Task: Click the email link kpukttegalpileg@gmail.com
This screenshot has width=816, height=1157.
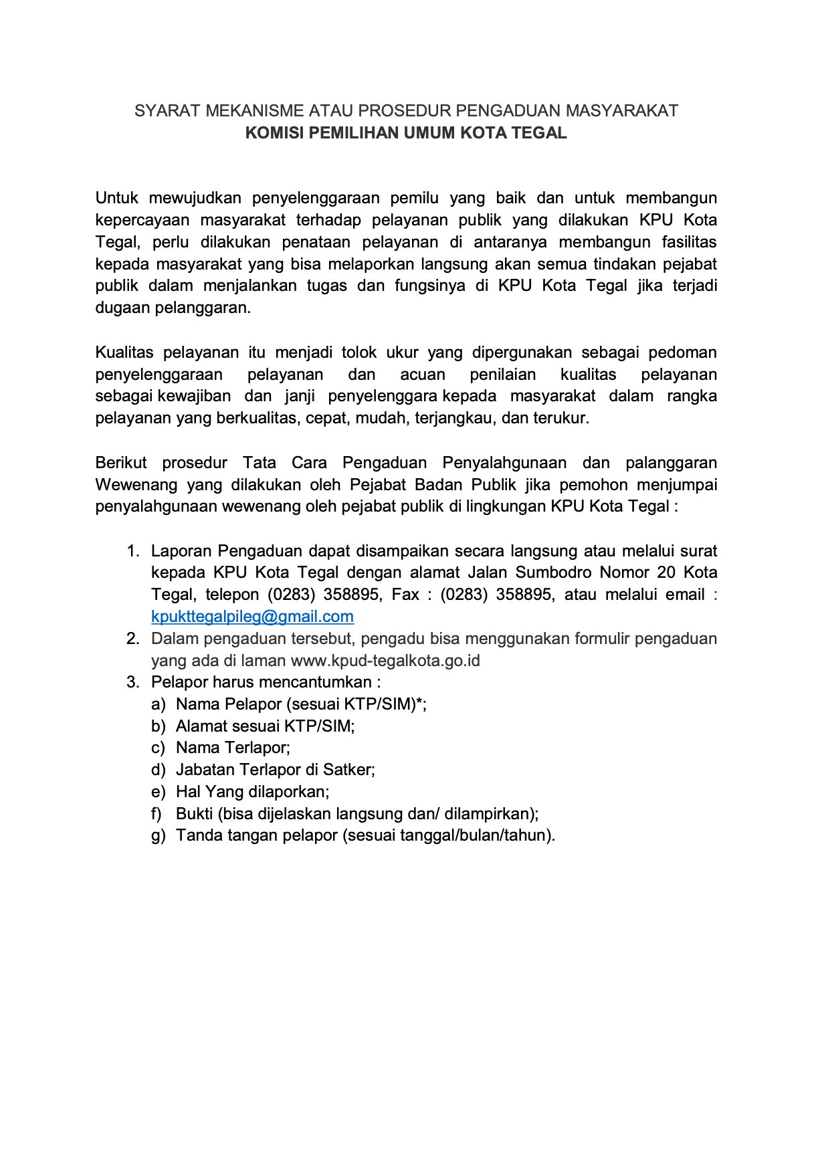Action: tap(252, 617)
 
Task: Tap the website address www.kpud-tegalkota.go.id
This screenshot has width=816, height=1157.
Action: tap(385, 661)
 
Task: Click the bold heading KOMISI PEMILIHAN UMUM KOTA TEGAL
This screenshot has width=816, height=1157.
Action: tap(406, 132)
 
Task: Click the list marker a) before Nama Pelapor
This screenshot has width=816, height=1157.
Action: tap(158, 704)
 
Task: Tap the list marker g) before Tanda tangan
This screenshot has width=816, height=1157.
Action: tap(158, 836)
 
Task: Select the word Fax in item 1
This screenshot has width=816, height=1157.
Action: tap(405, 595)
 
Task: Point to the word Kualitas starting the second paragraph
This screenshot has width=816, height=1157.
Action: tap(124, 352)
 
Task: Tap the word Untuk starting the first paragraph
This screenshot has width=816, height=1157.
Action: tap(116, 198)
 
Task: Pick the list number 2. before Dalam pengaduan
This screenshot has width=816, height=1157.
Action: tap(132, 639)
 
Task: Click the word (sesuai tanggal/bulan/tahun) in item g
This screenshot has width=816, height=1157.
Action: tap(449, 836)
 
